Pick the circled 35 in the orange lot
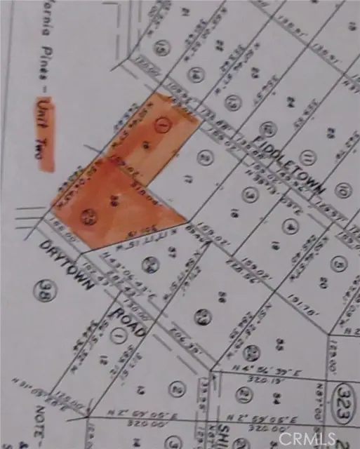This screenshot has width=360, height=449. (88, 217)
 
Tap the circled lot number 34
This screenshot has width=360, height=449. (148, 264)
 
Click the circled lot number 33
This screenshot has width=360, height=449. (203, 316)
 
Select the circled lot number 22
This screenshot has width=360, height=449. (253, 351)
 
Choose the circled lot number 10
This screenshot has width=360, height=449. (342, 189)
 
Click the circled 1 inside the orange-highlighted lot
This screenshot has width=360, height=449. (164, 126)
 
